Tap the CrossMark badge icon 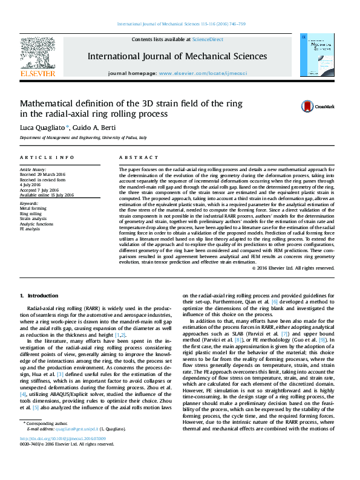[309, 106]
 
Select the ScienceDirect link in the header [207, 39]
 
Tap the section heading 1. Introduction [39, 296]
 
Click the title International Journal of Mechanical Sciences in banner [177, 56]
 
